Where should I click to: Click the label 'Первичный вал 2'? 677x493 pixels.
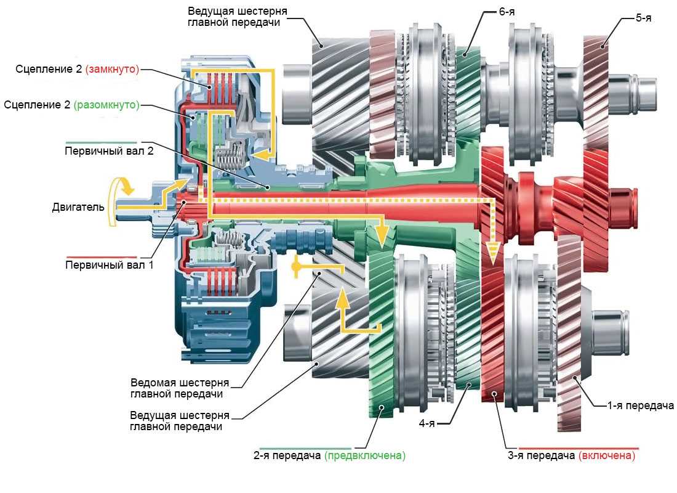100,150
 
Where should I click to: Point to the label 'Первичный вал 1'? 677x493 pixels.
100,266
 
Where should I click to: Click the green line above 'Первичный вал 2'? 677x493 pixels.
100,142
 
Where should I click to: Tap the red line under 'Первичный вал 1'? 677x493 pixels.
100,257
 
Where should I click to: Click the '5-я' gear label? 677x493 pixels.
643,18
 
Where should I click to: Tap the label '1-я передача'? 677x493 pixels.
640,405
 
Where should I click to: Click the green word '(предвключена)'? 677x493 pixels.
365,457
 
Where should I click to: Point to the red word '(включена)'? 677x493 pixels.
606,457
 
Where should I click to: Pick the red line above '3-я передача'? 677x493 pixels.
579,448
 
